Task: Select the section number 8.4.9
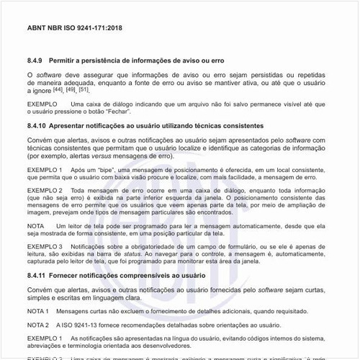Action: (x=35, y=61)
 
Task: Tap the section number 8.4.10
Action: (x=37, y=125)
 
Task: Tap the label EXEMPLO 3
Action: (x=43, y=247)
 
